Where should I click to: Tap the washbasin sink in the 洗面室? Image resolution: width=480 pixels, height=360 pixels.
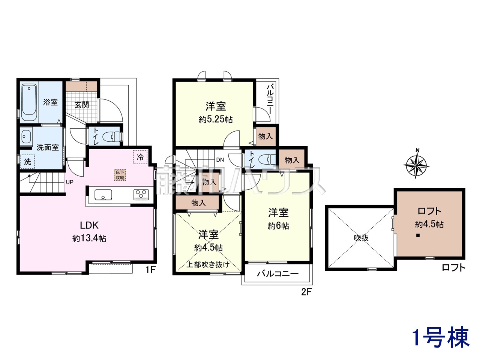[26, 136]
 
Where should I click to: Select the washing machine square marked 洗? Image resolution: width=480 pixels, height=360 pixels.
[27, 161]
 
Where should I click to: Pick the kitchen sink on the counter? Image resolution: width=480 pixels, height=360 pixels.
[103, 195]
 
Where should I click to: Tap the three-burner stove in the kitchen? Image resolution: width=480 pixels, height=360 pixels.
[141, 194]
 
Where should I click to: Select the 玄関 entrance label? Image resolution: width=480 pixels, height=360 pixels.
[82, 105]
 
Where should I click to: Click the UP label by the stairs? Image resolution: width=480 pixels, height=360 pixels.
[69, 182]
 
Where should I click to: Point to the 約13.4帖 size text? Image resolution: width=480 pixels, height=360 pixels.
[89, 238]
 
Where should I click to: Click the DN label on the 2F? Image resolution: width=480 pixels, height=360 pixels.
[220, 160]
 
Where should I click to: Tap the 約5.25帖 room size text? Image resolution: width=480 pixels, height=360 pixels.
[215, 120]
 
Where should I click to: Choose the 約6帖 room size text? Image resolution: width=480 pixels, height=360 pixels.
[278, 226]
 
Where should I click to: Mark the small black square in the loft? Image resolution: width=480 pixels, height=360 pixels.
[418, 235]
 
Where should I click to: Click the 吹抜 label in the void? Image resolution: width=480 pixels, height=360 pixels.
[361, 238]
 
